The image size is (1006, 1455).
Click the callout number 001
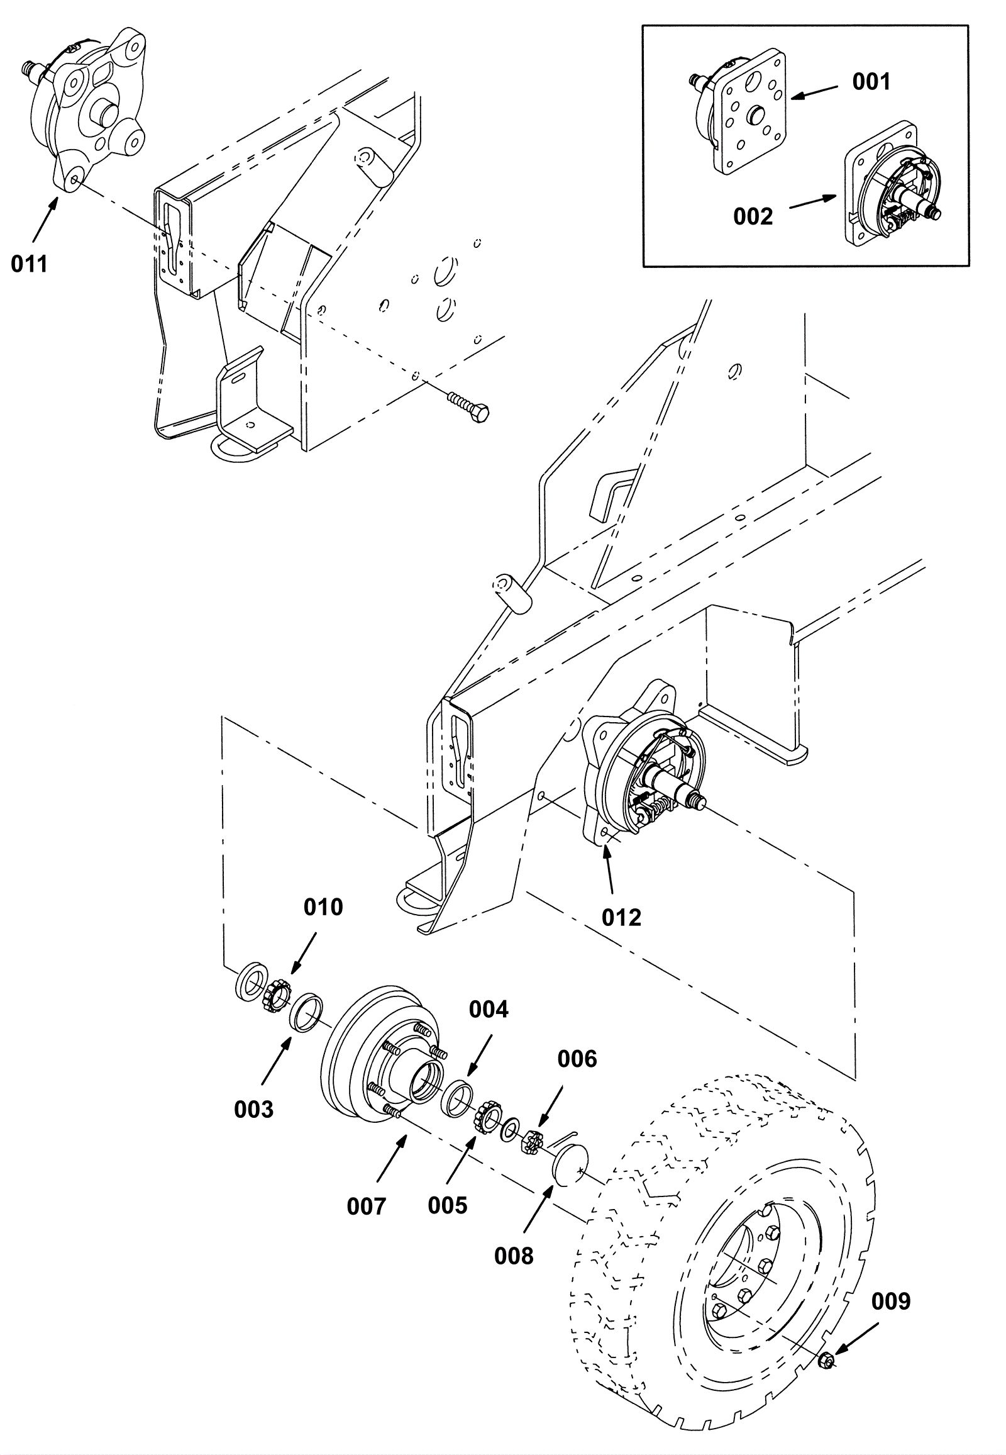[871, 82]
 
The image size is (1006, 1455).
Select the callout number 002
[753, 216]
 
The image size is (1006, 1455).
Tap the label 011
[30, 264]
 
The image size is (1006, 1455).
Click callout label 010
[323, 907]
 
